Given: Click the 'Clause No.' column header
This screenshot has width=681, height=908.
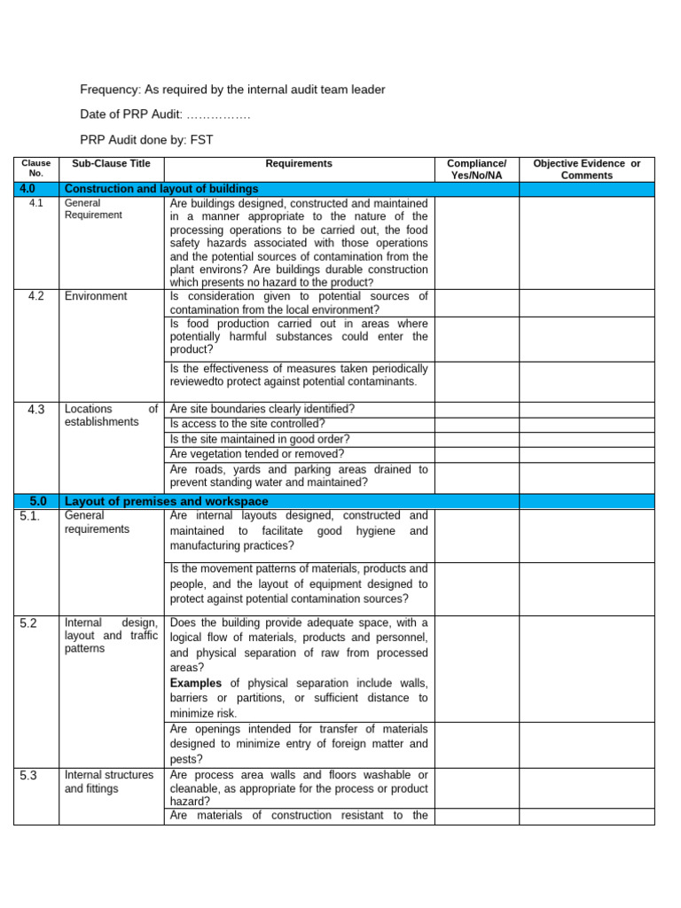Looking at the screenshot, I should [x=36, y=168].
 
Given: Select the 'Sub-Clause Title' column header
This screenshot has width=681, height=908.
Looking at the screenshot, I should [x=111, y=163].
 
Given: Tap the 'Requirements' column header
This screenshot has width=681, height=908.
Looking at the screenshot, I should [x=299, y=163].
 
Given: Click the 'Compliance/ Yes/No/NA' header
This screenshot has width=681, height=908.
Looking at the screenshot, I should [x=476, y=169].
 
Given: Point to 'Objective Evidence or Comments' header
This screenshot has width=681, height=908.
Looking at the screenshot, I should [x=586, y=169].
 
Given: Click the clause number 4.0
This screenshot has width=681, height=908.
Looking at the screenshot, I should [x=36, y=189].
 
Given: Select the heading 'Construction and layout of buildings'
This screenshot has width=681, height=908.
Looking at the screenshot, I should [x=161, y=189].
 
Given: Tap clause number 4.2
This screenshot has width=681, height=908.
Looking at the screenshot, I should [x=36, y=296].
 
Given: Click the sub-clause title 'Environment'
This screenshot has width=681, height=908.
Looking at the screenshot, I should [x=95, y=296].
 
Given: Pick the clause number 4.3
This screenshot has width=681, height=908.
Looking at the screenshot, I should [x=36, y=409].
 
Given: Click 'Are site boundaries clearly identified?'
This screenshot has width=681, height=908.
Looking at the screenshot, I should [x=262, y=409].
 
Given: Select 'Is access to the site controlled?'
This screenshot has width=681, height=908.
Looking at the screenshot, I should [x=247, y=424].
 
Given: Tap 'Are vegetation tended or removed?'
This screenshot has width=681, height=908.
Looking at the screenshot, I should [x=257, y=454].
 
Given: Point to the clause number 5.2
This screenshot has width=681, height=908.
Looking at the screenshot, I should [x=28, y=623].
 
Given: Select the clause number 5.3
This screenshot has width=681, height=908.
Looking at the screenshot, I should [x=28, y=775].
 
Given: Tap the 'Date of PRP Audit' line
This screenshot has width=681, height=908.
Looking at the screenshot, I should [x=165, y=114].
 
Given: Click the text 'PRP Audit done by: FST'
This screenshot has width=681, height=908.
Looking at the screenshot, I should [x=146, y=139].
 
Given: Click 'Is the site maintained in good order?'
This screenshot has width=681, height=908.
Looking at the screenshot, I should [x=260, y=439].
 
